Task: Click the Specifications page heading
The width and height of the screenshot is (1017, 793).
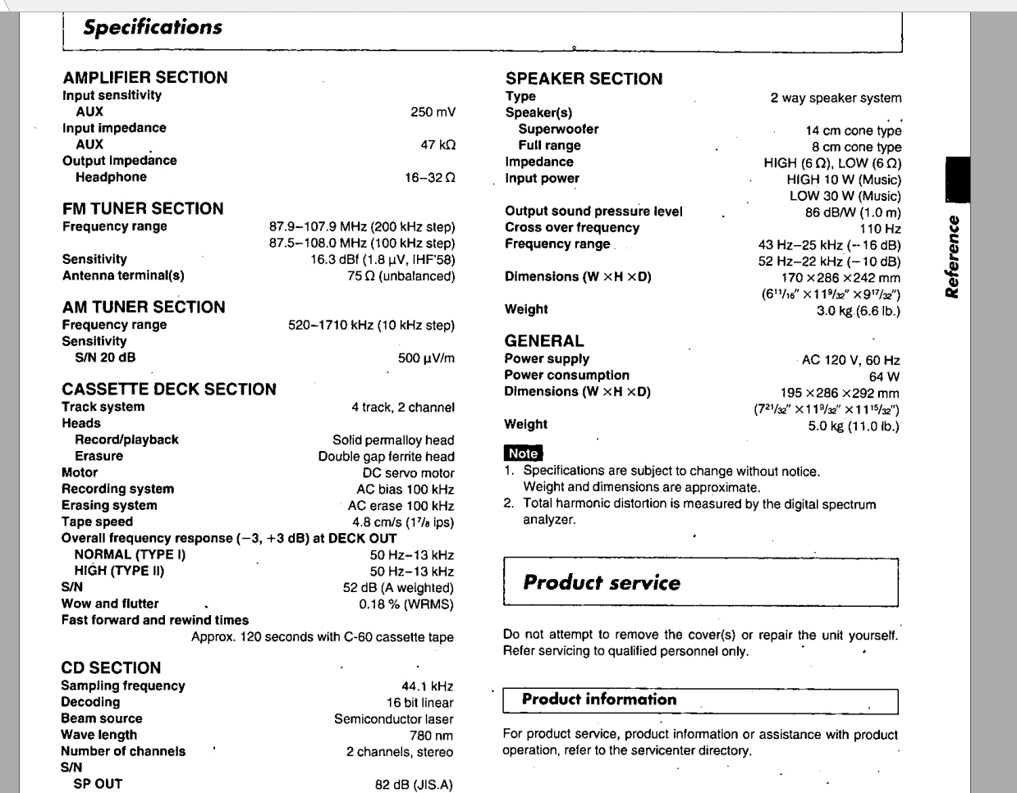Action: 153,27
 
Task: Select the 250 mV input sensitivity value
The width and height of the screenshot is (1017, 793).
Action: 433,112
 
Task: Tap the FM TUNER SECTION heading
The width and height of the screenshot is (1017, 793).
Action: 143,208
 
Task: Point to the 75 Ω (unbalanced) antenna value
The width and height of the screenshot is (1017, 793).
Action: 401,276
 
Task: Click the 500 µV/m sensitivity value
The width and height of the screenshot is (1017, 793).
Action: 426,358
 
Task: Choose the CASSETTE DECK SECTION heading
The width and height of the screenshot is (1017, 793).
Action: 168,389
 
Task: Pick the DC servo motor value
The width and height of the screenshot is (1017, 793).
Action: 408,472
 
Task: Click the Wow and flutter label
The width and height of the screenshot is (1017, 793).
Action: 110,604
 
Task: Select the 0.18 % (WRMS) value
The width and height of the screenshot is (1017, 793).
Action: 406,604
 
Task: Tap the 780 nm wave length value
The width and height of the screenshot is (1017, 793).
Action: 432,736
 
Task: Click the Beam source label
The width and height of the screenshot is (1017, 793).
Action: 101,718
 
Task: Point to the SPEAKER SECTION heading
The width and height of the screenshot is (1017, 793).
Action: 584,79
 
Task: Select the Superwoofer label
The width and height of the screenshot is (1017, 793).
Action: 558,129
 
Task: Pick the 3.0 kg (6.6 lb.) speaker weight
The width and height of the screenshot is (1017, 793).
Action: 858,311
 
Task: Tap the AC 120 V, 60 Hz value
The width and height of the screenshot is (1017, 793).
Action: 850,360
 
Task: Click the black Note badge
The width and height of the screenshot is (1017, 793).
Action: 523,453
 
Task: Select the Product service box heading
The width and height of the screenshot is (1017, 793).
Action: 602,583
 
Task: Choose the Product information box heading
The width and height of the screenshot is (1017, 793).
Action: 599,700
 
